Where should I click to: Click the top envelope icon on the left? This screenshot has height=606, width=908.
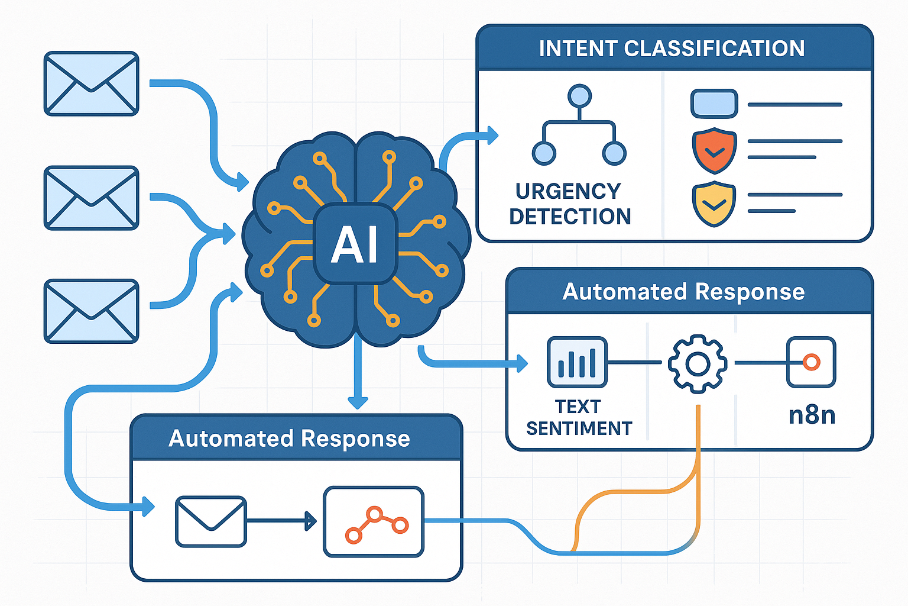pyautogui.click(x=92, y=83)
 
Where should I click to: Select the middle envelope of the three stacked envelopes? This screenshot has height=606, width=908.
pyautogui.click(x=92, y=198)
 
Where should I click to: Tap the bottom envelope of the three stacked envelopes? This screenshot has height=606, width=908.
pyautogui.click(x=92, y=311)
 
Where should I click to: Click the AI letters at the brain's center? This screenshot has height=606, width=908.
pyautogui.click(x=355, y=244)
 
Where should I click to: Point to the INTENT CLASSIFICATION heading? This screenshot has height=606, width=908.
pyautogui.click(x=672, y=49)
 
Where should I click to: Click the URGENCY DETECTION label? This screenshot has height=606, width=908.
pyautogui.click(x=569, y=204)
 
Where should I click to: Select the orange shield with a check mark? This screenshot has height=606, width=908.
pyautogui.click(x=714, y=150)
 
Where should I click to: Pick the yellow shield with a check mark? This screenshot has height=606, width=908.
pyautogui.click(x=714, y=204)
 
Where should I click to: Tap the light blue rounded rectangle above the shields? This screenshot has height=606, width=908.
pyautogui.click(x=714, y=104)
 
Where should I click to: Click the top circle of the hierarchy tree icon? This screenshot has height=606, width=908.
pyautogui.click(x=579, y=96)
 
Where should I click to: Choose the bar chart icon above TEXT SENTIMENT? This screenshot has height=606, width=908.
pyautogui.click(x=577, y=362)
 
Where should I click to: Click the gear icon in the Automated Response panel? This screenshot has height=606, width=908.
pyautogui.click(x=698, y=363)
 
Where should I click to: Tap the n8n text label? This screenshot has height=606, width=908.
pyautogui.click(x=812, y=415)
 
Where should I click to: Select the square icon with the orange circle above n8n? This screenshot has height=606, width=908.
pyautogui.click(x=811, y=362)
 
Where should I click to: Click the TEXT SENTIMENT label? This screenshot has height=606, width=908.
pyautogui.click(x=579, y=418)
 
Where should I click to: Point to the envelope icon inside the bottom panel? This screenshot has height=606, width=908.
pyautogui.click(x=211, y=521)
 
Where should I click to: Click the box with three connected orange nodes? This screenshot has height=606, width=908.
pyautogui.click(x=374, y=522)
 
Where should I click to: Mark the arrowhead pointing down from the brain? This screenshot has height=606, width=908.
pyautogui.click(x=358, y=402)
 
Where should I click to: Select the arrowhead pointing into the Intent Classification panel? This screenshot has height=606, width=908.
pyautogui.click(x=492, y=136)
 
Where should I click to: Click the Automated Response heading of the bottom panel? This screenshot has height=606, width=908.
pyautogui.click(x=289, y=439)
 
